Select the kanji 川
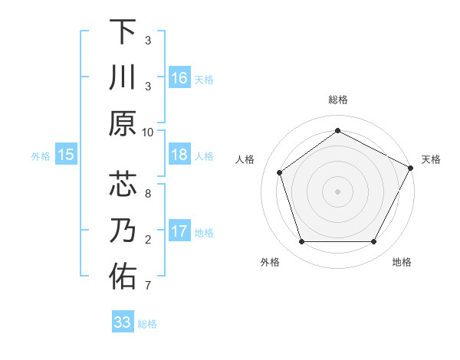[123, 79]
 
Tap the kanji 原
[123, 123]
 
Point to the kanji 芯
[123, 185]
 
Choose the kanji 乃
[123, 231]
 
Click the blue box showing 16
[179, 77]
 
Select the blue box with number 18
[179, 155]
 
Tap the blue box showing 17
[179, 231]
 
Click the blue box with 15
[66, 155]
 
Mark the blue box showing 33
[123, 322]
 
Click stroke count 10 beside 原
[148, 132]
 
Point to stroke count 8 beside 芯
[148, 193]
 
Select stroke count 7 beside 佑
[148, 286]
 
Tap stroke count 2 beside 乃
[148, 240]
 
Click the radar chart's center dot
[337, 191]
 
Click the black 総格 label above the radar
[337, 100]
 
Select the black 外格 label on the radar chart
[270, 262]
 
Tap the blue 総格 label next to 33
[147, 324]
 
